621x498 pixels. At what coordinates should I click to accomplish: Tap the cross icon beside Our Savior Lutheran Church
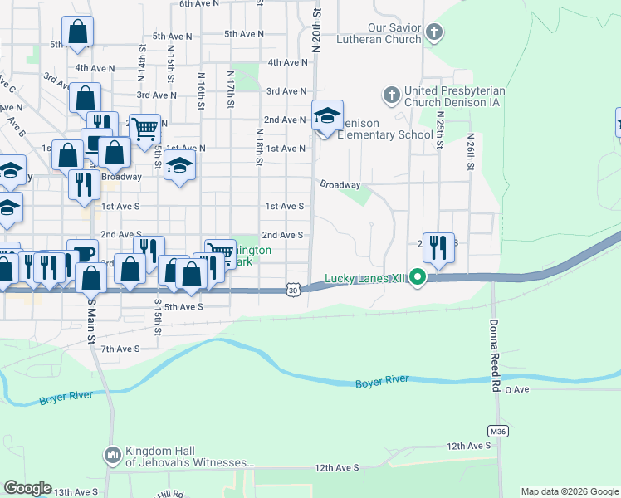tap(433, 33)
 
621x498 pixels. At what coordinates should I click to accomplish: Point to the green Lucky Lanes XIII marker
tap(418, 279)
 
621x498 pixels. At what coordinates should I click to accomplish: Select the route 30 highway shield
tap(292, 289)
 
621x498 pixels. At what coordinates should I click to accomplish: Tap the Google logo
tap(28, 488)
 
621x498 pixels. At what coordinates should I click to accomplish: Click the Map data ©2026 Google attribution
tap(570, 491)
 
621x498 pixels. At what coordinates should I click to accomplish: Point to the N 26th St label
tap(470, 153)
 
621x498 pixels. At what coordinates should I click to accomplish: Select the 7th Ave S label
tap(120, 349)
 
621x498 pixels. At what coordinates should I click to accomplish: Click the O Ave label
tap(516, 389)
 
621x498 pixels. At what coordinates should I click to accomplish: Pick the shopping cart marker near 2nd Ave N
tap(144, 129)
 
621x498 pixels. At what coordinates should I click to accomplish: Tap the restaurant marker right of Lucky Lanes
tap(438, 247)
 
